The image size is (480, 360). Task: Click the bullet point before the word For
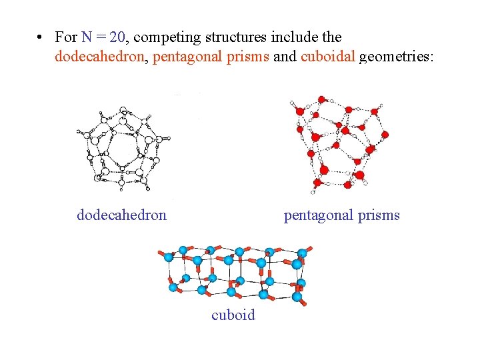tap(41, 37)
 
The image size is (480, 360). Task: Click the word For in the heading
tap(67, 37)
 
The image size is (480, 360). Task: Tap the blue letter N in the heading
tap(87, 37)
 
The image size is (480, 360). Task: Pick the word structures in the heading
tap(235, 37)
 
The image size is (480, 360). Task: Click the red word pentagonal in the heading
tap(187, 58)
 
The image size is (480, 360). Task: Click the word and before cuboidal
tap(285, 57)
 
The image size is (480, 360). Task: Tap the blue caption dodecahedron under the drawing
tap(121, 215)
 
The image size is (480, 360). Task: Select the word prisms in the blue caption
tap(379, 215)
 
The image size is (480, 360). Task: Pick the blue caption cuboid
tap(233, 315)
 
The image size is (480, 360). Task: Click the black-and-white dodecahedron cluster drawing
tap(123, 143)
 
